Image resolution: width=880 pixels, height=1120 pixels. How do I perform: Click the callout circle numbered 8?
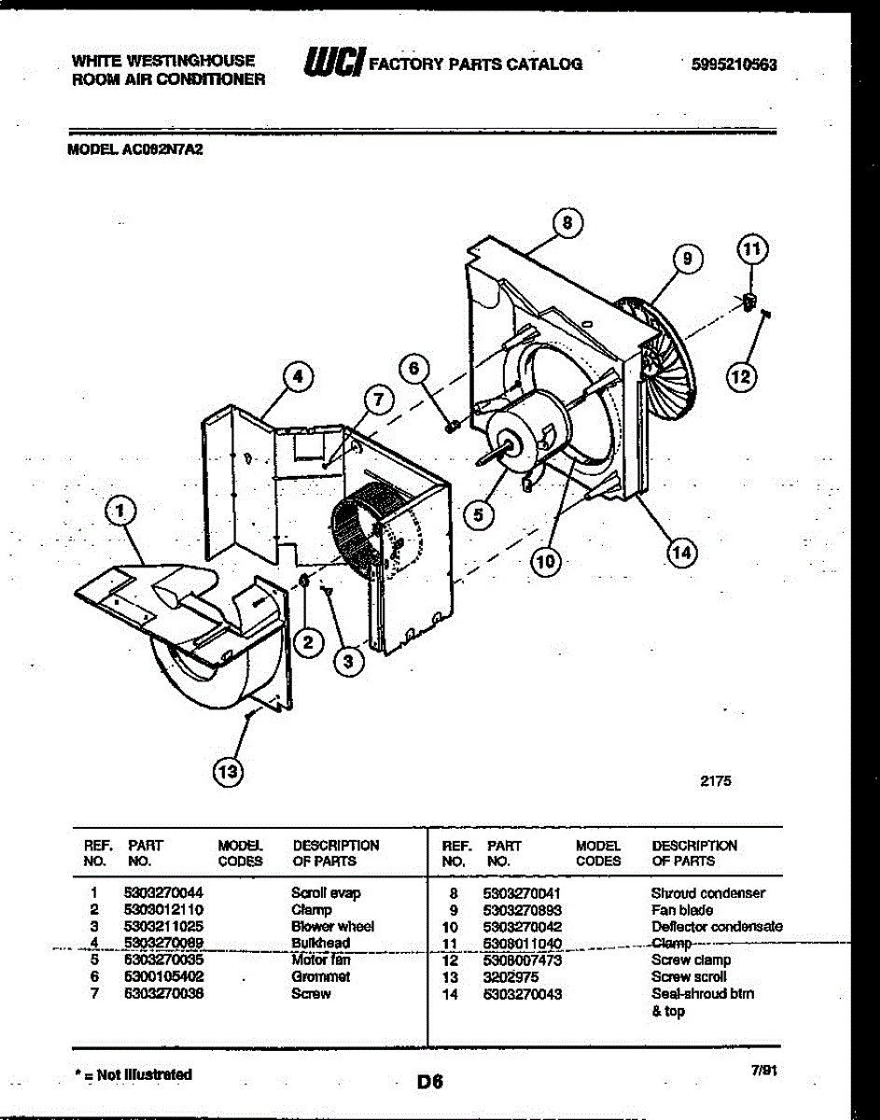[x=566, y=223]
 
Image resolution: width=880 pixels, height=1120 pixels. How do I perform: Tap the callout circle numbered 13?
[x=226, y=771]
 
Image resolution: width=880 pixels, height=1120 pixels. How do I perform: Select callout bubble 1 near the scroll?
[x=119, y=510]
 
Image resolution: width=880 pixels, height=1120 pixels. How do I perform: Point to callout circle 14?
[x=682, y=553]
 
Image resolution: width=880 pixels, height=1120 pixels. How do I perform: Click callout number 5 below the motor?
[x=479, y=513]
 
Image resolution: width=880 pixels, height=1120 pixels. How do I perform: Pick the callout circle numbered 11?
[x=751, y=249]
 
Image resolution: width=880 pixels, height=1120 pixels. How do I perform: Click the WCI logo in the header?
[x=331, y=62]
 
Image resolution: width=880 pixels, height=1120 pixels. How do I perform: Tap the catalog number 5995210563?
[x=733, y=64]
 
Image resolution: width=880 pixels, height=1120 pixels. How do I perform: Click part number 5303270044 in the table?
[x=163, y=892]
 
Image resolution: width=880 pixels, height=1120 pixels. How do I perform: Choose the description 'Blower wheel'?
[x=332, y=926]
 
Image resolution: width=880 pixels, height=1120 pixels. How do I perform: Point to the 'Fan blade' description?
[x=681, y=909]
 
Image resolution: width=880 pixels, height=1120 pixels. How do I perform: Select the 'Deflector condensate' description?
[x=717, y=926]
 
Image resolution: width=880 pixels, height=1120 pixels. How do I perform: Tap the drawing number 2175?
[x=716, y=782]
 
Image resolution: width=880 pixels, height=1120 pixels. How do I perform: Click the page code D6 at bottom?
[x=429, y=1083]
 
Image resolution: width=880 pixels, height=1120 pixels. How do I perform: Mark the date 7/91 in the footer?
[x=763, y=1073]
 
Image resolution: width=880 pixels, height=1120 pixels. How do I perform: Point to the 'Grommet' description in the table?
[x=320, y=976]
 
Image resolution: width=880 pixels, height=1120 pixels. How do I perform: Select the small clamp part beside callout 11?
[x=749, y=301]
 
